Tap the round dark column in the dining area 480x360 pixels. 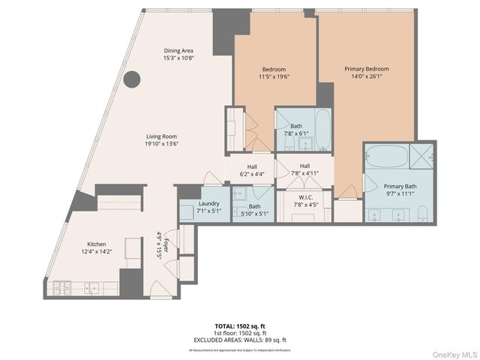[x=132, y=79]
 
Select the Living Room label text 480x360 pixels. [x=162, y=137]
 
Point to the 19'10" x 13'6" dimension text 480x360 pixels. [x=162, y=144]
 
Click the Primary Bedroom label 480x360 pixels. [x=367, y=69]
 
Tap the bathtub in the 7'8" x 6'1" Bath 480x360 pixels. [x=323, y=130]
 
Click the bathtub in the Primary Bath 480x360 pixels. [x=385, y=157]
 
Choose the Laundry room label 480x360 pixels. [x=208, y=204]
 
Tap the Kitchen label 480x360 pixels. [x=96, y=244]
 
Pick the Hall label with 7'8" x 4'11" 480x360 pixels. [x=304, y=166]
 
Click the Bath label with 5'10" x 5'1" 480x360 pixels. [x=255, y=206]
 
